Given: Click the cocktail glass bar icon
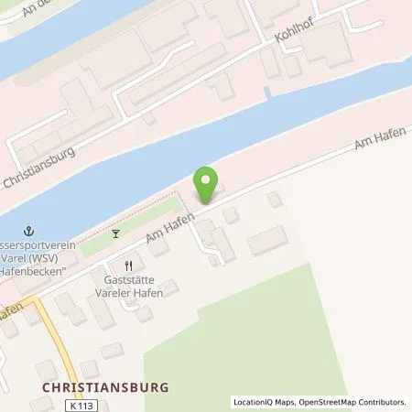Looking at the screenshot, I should [115, 233].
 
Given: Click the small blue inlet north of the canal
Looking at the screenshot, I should [267, 93].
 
